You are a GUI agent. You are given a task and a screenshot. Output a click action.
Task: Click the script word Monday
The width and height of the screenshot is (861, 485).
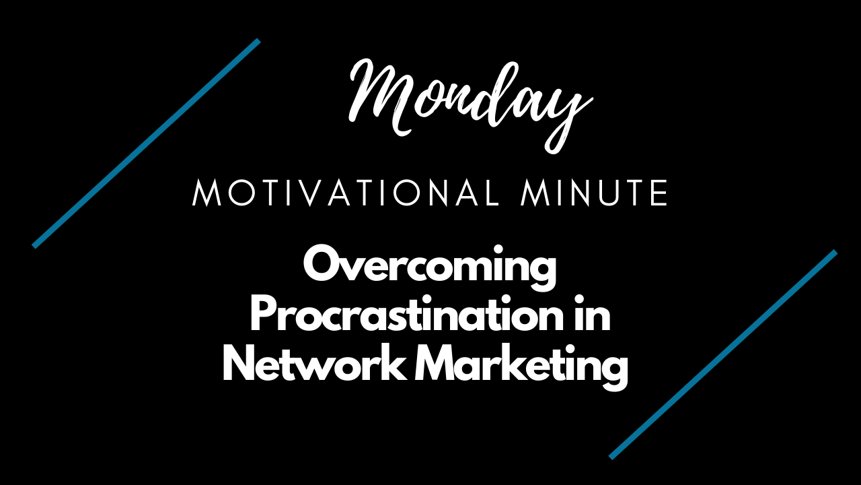471,104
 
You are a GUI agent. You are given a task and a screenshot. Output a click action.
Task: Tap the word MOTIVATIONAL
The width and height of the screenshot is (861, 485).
346,193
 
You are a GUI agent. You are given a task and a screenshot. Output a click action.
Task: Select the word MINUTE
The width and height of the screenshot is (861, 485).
594,193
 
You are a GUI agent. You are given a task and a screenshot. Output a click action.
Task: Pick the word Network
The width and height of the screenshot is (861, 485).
314,364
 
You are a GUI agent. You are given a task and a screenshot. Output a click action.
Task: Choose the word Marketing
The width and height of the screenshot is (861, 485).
521,368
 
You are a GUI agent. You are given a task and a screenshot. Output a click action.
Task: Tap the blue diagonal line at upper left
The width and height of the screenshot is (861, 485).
147,143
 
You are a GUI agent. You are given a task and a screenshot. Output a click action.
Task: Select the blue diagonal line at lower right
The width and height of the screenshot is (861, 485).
723,354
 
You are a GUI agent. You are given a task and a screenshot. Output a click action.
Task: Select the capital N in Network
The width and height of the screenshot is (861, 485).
239,363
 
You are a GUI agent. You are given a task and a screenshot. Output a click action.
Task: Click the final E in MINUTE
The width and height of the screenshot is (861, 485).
659,193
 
